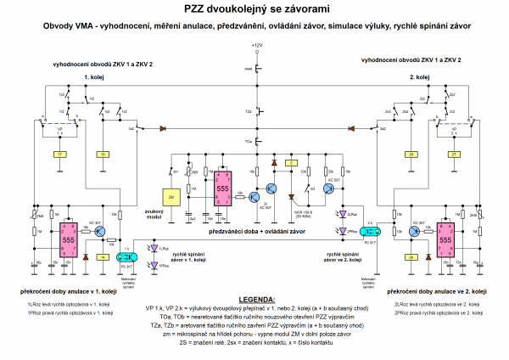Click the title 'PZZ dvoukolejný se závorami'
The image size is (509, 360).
tap(254, 8)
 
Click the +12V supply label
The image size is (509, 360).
tap(258, 43)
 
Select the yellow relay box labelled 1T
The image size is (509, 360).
tap(59, 154)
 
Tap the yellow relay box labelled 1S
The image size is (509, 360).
tap(101, 154)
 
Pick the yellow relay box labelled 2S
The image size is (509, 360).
tap(411, 154)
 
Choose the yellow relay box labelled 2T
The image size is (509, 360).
tap(451, 154)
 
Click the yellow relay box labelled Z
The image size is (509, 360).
tap(292, 161)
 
